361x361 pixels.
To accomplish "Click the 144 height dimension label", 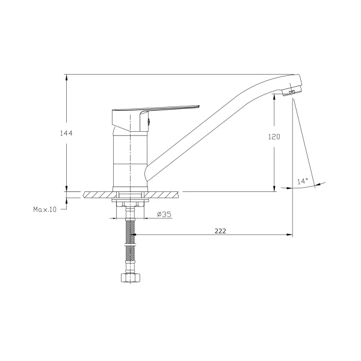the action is (66, 134).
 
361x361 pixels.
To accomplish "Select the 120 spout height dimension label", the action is (274, 137).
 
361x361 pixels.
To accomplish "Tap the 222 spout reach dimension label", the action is (220, 231).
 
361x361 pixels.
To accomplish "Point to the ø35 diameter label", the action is (164, 214).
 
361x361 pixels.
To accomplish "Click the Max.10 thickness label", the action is (45, 209).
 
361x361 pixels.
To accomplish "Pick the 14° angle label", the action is (303, 181).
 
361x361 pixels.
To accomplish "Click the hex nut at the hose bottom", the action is (131, 277).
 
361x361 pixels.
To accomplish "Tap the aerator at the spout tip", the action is (291, 91).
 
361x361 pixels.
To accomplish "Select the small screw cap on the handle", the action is (149, 122).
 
